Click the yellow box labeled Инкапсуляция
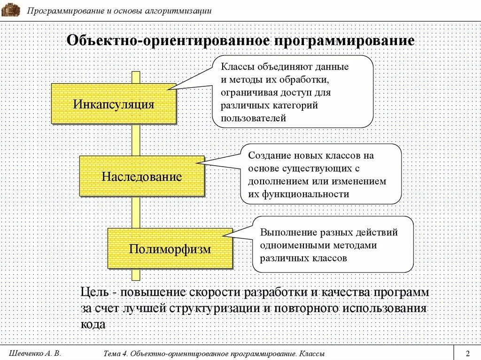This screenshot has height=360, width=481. pyautogui.click(x=113, y=104)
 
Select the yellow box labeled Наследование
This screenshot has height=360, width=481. pyautogui.click(x=141, y=176)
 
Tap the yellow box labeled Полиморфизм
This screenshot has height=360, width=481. pyautogui.click(x=170, y=249)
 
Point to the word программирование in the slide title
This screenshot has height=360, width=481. pyautogui.click(x=345, y=40)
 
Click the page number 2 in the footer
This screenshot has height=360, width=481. pyautogui.click(x=467, y=353)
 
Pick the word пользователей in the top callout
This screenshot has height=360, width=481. pyautogui.click(x=254, y=118)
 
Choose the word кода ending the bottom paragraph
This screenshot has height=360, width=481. pyautogui.click(x=93, y=324)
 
